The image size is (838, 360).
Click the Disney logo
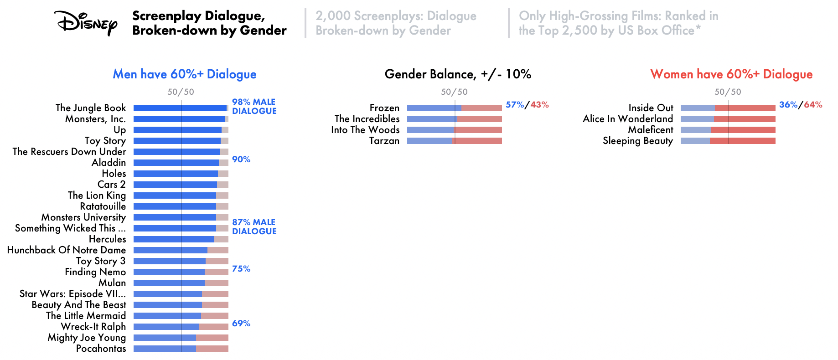click(85, 23)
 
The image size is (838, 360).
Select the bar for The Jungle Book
click(181, 108)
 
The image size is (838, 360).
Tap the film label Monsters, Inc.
click(95, 119)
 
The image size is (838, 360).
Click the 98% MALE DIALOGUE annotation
click(254, 106)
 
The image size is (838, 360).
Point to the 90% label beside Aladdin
click(241, 159)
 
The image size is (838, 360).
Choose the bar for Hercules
click(181, 239)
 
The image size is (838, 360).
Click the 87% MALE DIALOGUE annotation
click(254, 226)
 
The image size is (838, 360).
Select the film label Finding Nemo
click(95, 272)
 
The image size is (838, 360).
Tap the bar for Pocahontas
click(181, 349)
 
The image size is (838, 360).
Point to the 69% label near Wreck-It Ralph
click(241, 324)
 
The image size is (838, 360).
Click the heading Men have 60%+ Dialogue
click(185, 74)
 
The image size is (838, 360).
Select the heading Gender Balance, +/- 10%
click(458, 74)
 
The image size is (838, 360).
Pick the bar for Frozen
click(455, 108)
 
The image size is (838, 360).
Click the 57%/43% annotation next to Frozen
click(527, 105)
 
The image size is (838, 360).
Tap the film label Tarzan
click(384, 141)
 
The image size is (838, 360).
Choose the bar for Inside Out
click(728, 108)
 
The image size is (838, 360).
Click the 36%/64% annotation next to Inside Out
click(801, 105)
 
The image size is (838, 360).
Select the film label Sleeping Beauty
click(638, 141)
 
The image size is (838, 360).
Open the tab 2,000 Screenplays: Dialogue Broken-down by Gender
click(396, 23)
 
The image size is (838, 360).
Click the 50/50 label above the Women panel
click(728, 92)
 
